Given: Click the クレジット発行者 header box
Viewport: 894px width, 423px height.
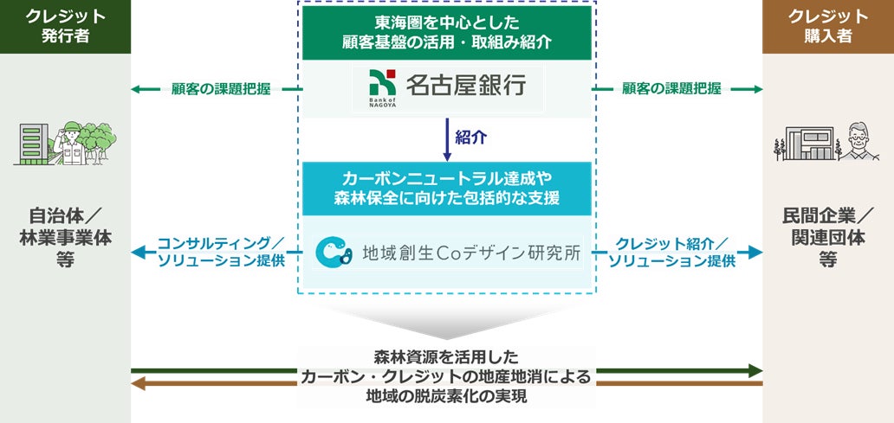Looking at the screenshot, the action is point(65,26).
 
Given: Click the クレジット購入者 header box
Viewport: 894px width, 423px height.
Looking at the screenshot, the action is point(827,26).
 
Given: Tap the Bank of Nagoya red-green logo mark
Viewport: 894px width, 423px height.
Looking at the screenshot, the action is point(379,84).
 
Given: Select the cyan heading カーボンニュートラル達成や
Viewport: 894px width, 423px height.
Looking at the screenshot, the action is point(447,178).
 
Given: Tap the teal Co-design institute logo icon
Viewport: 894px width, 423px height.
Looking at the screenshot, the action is point(334,252).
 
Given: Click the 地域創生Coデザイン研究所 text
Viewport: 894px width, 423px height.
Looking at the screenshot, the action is point(471,254).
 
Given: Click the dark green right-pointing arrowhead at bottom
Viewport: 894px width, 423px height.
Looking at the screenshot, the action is point(756,371).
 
